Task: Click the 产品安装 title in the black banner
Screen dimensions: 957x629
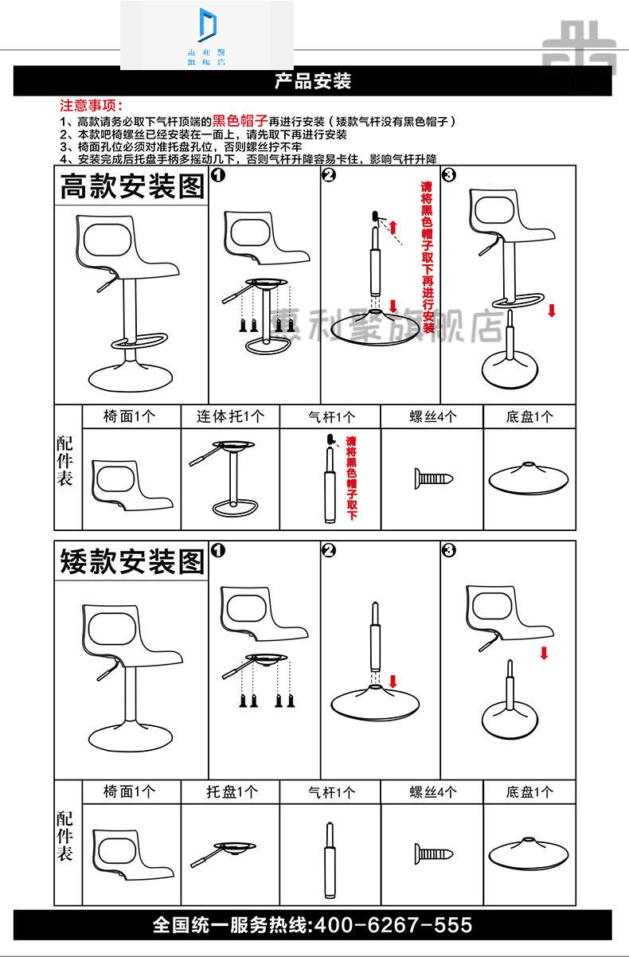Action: [313, 81]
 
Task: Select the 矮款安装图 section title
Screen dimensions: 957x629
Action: [132, 561]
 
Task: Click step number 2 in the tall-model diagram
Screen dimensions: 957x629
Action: [330, 175]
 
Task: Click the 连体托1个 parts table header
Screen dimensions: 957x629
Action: [231, 416]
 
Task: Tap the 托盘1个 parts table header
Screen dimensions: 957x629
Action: [231, 792]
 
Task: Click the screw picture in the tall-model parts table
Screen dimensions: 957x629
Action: [432, 478]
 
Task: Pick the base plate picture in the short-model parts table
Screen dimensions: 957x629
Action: [529, 854]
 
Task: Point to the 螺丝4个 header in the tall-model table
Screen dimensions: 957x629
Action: [432, 416]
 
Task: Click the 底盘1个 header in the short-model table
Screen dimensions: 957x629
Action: [529, 792]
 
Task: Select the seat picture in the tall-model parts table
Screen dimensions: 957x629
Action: [131, 484]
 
